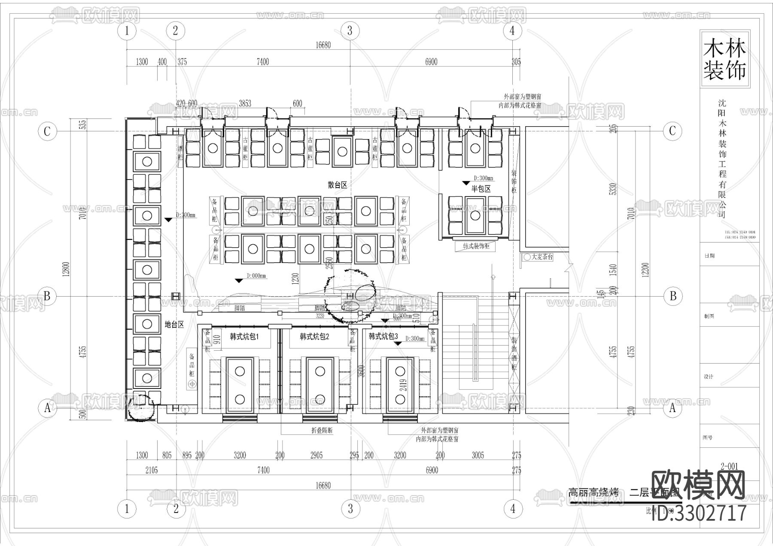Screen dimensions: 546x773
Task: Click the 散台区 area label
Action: click(337, 185)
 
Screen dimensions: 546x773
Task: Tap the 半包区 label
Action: click(481, 188)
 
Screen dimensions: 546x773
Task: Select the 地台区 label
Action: click(174, 325)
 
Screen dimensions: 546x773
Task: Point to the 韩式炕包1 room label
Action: click(244, 337)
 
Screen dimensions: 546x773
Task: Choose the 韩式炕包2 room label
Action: click(315, 337)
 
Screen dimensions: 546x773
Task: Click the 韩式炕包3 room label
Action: click(383, 336)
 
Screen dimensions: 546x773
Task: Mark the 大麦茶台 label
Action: click(542, 257)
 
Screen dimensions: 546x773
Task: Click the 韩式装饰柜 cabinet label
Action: click(476, 246)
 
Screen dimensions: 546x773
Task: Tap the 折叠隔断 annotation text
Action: click(322, 430)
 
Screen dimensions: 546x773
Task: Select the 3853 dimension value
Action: click(245, 103)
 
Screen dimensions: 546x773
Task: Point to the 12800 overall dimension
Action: click(66, 269)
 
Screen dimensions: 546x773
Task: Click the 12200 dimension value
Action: click(645, 269)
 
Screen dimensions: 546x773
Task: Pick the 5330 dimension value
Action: click(614, 189)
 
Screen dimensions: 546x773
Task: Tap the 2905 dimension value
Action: click(317, 455)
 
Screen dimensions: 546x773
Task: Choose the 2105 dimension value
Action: click(151, 470)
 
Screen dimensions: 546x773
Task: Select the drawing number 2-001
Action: click(729, 467)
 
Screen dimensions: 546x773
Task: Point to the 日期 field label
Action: click(709, 255)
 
